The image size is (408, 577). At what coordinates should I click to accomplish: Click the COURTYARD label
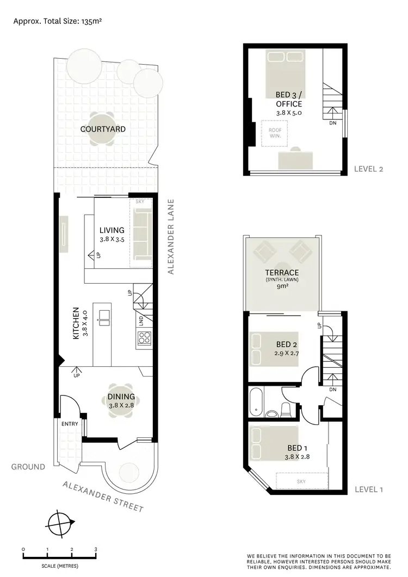pyautogui.click(x=103, y=129)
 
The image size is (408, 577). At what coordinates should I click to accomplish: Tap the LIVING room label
pyautogui.click(x=112, y=230)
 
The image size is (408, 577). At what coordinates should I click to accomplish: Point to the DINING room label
pyautogui.click(x=120, y=397)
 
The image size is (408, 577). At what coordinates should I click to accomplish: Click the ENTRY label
pyautogui.click(x=70, y=424)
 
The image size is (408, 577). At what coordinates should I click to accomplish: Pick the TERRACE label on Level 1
pyautogui.click(x=282, y=272)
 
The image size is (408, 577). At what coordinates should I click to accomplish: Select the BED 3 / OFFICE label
pyautogui.click(x=288, y=99)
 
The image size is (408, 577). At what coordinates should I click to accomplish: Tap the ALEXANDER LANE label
pyautogui.click(x=171, y=236)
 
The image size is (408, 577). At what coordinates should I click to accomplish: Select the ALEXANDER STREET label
pyautogui.click(x=103, y=496)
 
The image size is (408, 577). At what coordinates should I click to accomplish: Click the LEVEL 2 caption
pyautogui.click(x=369, y=169)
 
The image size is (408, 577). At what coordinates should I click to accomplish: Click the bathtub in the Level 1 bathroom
pyautogui.click(x=256, y=403)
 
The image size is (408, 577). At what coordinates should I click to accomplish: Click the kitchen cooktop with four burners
pyautogui.click(x=144, y=338)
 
